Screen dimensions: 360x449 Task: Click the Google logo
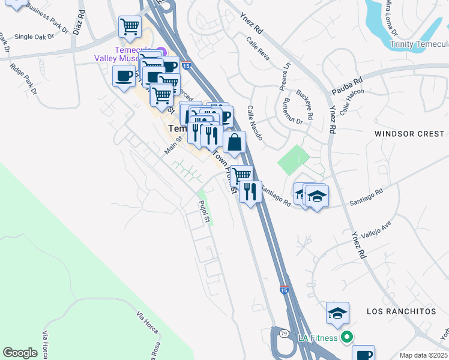[20, 353]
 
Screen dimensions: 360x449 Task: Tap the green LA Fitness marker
[346, 338]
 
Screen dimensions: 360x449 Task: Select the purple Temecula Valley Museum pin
[160, 52]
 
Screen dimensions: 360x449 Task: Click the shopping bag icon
[234, 143]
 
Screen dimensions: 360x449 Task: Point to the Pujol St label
[204, 212]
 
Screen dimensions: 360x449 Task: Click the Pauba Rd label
[348, 86]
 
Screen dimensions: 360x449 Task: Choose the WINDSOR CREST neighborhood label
[410, 134]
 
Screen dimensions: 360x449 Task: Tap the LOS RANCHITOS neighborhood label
[401, 312]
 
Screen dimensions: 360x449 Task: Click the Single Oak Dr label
[34, 37]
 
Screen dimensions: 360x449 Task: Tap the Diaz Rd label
[77, 23]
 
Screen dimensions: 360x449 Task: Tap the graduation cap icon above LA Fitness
[337, 313]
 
